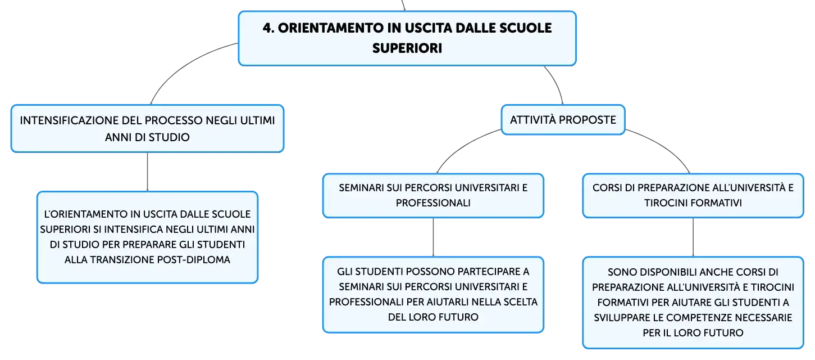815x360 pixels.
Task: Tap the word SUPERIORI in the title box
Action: tap(407, 48)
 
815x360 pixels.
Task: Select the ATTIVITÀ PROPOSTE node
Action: tap(563, 120)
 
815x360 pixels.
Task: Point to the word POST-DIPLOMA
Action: tap(194, 260)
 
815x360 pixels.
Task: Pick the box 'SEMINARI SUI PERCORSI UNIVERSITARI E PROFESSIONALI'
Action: tap(433, 196)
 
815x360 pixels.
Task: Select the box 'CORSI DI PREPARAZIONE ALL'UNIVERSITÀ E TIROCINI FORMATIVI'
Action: tap(693, 196)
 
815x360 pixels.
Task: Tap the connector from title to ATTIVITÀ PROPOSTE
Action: tap(557, 83)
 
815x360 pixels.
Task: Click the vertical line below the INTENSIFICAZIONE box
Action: tap(147, 172)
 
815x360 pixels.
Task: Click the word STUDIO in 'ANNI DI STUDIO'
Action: tap(169, 137)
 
